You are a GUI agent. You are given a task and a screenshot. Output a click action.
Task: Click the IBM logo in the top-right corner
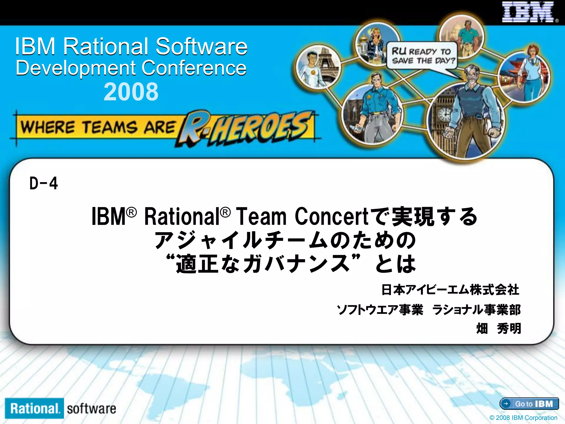(527, 12)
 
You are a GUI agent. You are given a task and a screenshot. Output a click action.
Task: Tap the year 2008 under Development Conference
(131, 92)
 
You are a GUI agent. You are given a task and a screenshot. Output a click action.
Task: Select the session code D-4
(44, 184)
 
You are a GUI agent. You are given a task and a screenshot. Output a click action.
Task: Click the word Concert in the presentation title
(332, 216)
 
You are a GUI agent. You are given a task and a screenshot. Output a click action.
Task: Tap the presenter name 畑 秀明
(499, 328)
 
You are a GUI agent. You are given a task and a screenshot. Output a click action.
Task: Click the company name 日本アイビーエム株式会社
(450, 290)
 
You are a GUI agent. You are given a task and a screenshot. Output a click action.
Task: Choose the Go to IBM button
(529, 404)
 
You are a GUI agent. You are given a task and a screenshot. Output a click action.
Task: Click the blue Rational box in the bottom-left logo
(34, 408)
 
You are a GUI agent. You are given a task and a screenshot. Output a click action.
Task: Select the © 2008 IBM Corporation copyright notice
(523, 418)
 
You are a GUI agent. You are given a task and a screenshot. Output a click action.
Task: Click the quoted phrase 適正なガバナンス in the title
(263, 264)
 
